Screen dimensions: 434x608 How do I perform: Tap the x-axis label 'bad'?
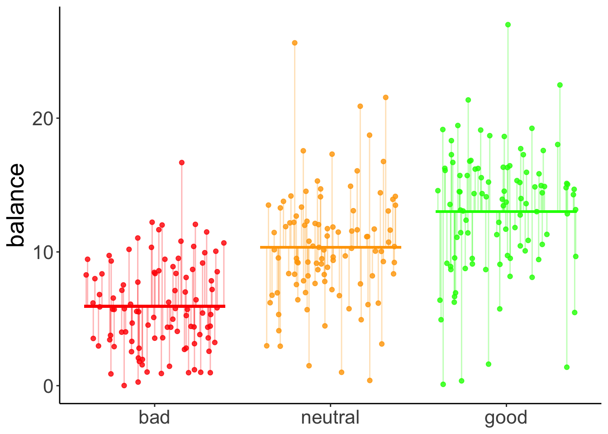[154, 417]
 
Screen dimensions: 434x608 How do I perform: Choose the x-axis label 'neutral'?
[330, 417]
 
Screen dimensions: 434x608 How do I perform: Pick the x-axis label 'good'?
[506, 417]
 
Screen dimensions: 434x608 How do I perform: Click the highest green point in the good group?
[508, 25]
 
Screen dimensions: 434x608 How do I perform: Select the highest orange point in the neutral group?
[294, 43]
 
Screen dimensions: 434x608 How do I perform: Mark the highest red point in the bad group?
[181, 163]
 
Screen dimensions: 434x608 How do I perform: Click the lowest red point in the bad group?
[124, 386]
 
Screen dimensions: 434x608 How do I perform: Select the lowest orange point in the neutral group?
[370, 381]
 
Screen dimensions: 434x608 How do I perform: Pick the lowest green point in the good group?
[443, 384]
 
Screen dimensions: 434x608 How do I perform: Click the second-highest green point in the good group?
[560, 85]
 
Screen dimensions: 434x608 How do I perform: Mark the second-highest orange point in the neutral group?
[385, 98]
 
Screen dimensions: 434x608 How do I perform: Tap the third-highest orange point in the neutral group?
[360, 107]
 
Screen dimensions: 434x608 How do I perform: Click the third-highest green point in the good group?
[468, 100]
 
